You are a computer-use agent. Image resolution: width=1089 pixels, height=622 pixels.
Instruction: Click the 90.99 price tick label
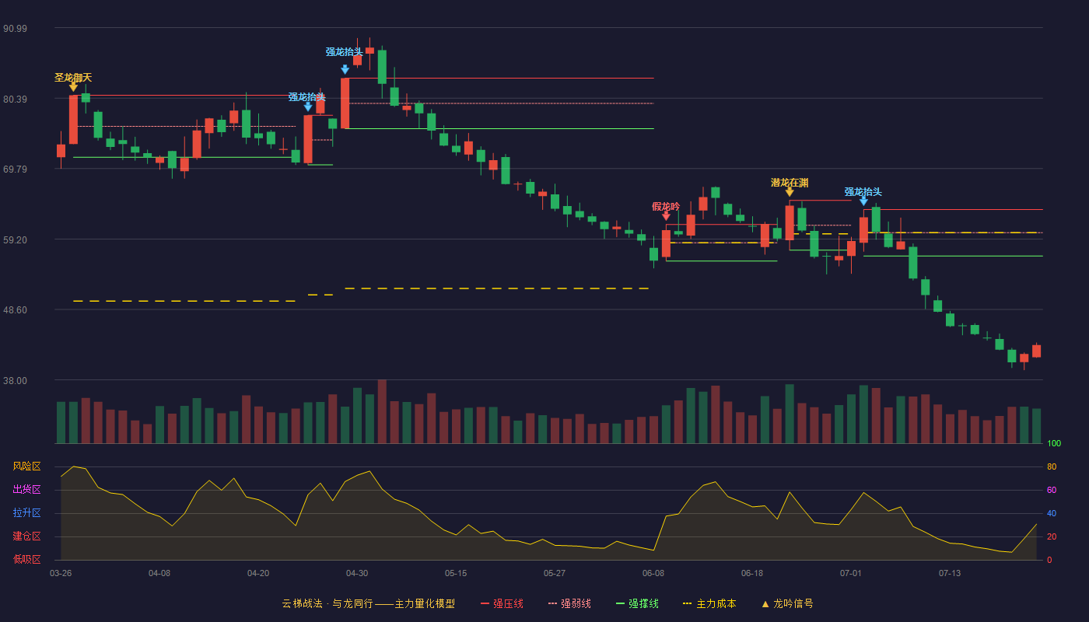15,29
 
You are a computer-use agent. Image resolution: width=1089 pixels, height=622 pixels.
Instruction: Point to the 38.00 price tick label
15,381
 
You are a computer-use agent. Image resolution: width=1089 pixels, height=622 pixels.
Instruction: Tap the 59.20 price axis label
15,240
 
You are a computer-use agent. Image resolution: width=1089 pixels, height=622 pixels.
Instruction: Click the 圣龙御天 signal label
73,77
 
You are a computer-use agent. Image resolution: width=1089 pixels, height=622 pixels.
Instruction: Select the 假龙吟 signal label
666,207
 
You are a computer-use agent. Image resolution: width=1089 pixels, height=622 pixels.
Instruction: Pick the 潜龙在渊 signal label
790,183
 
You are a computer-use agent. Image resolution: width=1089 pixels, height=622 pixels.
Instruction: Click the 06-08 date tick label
653,574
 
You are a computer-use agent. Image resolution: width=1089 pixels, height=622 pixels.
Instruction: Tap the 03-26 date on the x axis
61,574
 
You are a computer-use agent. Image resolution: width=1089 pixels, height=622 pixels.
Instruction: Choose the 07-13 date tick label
950,574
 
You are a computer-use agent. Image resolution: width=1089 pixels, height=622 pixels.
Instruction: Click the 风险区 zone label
26,466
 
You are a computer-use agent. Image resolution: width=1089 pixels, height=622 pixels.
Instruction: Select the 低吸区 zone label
26,560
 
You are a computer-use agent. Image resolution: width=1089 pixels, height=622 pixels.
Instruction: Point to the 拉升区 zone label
26,513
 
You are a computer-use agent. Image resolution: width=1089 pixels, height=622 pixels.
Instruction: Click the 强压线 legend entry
502,603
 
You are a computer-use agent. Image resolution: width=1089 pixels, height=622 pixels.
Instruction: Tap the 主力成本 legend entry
709,603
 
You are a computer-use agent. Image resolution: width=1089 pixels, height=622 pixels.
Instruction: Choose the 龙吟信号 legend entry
787,603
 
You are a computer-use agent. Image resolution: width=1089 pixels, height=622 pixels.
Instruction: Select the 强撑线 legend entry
637,603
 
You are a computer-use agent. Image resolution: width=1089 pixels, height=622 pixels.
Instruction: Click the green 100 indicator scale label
1054,443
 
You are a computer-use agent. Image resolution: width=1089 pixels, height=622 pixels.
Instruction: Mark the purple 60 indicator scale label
1052,490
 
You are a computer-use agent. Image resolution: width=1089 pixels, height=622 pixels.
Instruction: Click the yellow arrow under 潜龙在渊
790,193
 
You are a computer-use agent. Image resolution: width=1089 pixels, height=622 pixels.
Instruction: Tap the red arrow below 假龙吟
666,216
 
